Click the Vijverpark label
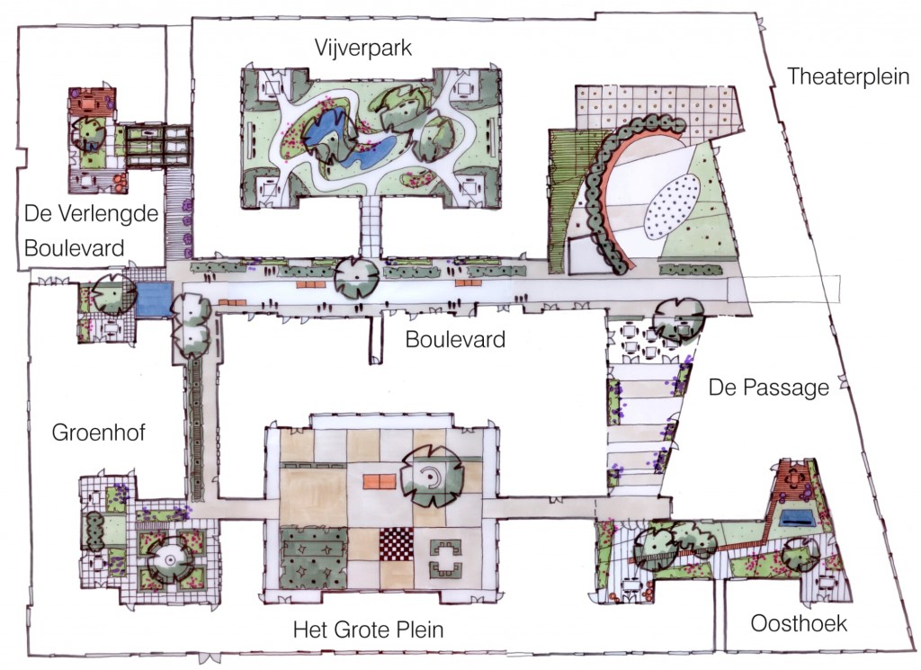pyautogui.click(x=363, y=48)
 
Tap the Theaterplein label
pyautogui.click(x=847, y=76)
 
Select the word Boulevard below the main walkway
pyautogui.click(x=455, y=339)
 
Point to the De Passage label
pyautogui.click(x=768, y=388)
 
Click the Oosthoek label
pyautogui.click(x=799, y=623)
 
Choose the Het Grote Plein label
pyautogui.click(x=368, y=630)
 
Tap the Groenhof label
pyautogui.click(x=98, y=433)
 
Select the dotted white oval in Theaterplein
pyautogui.click(x=673, y=207)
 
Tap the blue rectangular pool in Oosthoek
pyautogui.click(x=797, y=517)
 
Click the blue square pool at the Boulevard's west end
pyautogui.click(x=153, y=299)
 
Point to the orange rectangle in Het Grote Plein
pyautogui.click(x=381, y=481)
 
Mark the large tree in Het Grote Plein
pyautogui.click(x=432, y=477)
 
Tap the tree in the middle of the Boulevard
pyautogui.click(x=356, y=278)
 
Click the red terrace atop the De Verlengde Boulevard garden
pyautogui.click(x=92, y=102)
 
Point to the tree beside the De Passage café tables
pyautogui.click(x=678, y=320)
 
